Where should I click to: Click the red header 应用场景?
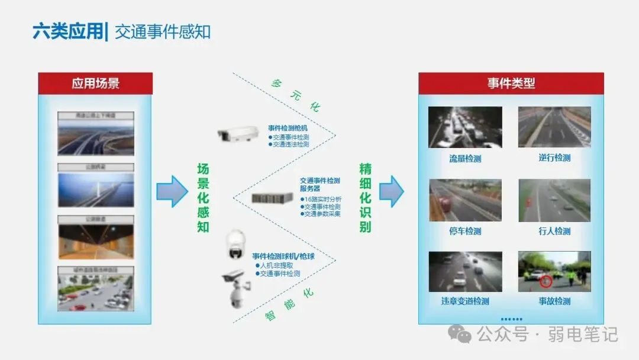[x=95, y=83]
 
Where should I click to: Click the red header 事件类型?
[x=511, y=83]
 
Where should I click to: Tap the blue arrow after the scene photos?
[x=172, y=191]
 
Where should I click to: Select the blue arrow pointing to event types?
[x=391, y=191]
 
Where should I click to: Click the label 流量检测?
[x=465, y=158]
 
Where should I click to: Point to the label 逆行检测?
[x=554, y=157]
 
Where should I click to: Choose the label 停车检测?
[x=465, y=231]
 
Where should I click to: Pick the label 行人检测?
[x=554, y=231]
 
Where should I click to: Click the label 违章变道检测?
[x=465, y=301]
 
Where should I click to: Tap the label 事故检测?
[x=554, y=301]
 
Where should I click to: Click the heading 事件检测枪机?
[x=288, y=128]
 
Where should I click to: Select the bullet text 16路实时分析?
[x=322, y=200]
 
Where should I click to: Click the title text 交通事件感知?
[x=163, y=31]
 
